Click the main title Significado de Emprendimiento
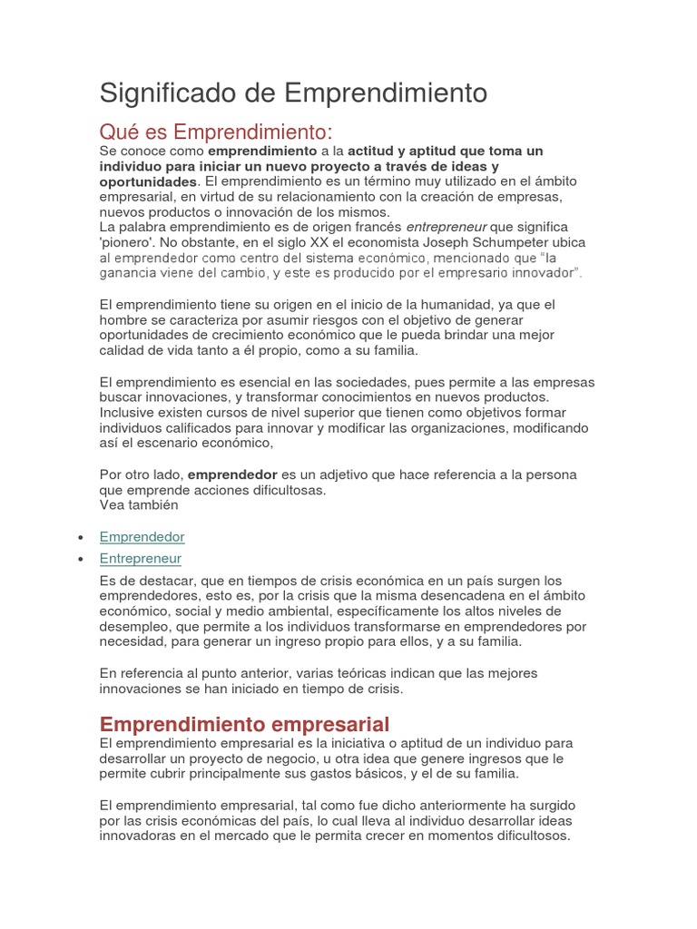[x=293, y=93]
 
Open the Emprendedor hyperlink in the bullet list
[x=142, y=537]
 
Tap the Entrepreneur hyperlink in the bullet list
[x=141, y=559]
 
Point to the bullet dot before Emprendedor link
[x=82, y=538]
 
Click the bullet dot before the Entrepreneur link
[x=82, y=560]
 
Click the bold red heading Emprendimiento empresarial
[x=244, y=724]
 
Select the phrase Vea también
[x=139, y=505]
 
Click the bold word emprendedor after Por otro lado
[x=232, y=474]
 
